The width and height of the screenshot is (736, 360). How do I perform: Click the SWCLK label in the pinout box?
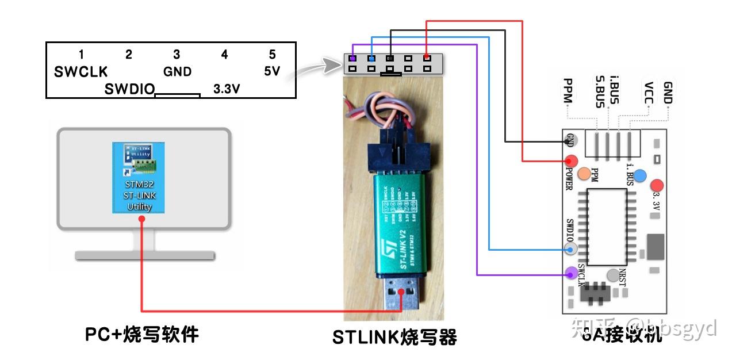click(80, 72)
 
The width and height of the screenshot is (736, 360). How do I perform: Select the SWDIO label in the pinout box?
click(129, 90)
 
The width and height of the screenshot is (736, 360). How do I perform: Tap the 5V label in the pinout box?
click(272, 72)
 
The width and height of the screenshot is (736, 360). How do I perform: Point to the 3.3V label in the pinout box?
click(227, 90)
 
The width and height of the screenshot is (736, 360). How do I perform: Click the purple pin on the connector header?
click(352, 58)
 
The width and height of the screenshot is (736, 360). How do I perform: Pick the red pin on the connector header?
click(426, 58)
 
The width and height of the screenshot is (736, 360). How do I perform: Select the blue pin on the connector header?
click(371, 58)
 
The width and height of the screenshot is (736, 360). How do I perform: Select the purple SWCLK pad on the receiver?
click(571, 273)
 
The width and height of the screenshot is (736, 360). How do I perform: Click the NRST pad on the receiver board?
click(614, 275)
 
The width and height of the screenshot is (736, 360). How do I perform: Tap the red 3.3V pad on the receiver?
click(657, 186)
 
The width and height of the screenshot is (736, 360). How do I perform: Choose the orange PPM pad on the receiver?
click(584, 173)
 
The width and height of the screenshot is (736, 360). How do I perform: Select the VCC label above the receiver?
click(648, 92)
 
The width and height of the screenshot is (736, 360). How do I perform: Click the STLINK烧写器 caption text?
click(394, 337)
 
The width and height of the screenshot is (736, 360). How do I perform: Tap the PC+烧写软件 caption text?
click(141, 334)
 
